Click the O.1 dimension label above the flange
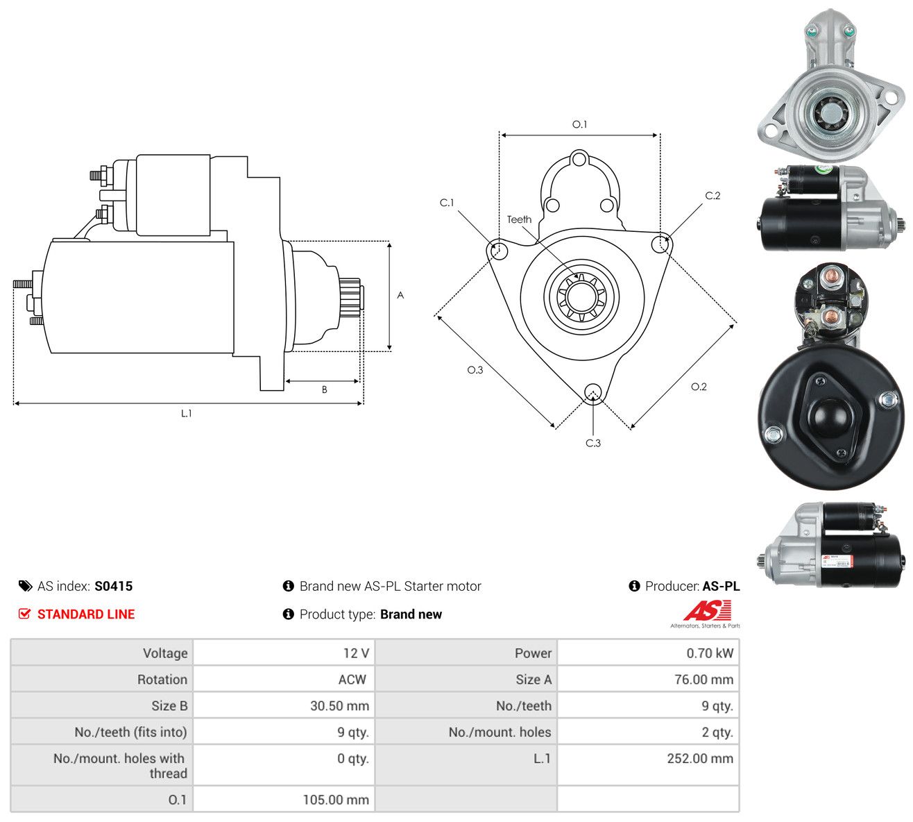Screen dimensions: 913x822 [579, 124]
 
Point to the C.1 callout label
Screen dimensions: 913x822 [447, 202]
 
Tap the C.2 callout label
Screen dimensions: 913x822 [713, 196]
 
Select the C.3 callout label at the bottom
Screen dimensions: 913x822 [592, 443]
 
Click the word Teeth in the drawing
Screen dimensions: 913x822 [519, 219]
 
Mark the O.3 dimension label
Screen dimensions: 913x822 [475, 370]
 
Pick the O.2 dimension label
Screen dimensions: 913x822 [699, 387]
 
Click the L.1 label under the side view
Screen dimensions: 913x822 [186, 413]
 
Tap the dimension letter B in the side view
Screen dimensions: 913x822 [324, 389]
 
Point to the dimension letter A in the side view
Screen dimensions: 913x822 [400, 295]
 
